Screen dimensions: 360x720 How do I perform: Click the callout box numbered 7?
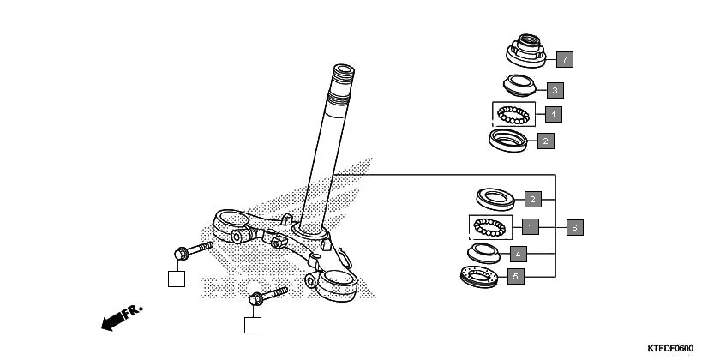click(x=564, y=59)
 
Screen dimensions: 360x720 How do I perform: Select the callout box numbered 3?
click(x=555, y=90)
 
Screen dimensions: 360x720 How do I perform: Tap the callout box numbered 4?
click(x=517, y=254)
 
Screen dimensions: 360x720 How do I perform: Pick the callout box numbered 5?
click(x=515, y=277)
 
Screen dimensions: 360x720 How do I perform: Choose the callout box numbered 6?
click(x=575, y=227)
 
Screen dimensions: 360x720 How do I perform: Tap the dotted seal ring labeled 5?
click(x=478, y=277)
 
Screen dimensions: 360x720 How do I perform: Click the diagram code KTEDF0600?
click(x=669, y=348)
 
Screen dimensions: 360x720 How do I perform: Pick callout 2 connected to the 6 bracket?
click(x=532, y=200)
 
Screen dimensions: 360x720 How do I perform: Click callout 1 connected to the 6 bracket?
click(x=531, y=227)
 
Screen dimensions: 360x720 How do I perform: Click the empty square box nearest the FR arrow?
click(x=176, y=278)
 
